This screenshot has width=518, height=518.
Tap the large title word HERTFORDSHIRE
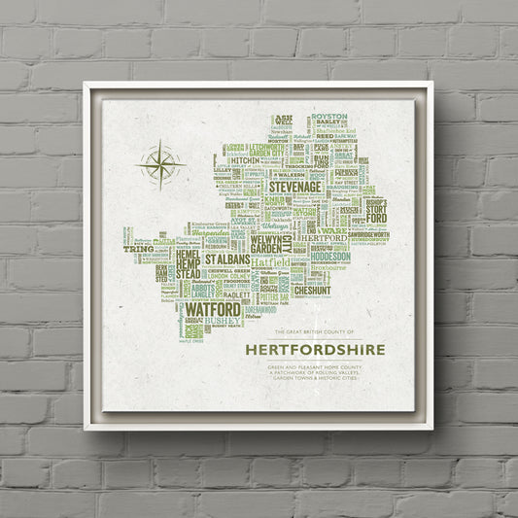pos(315,349)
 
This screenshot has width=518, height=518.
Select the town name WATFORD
pos(213,310)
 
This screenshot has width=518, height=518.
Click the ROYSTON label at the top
pos(329,118)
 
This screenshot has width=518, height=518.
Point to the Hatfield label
pos(270,261)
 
